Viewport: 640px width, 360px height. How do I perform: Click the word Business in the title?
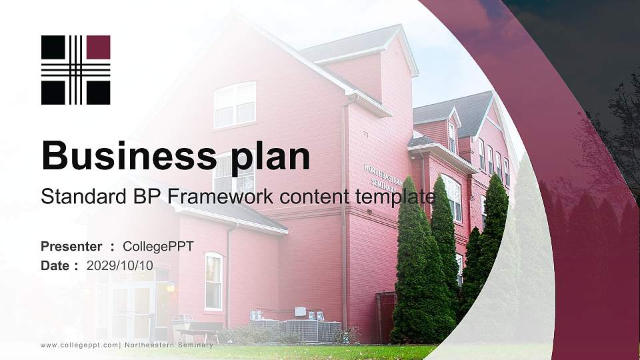[x=125, y=156]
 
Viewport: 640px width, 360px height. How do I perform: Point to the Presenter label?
[x=71, y=247]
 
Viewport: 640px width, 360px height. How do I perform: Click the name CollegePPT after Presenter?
[x=158, y=247]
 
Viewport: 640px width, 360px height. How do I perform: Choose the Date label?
[x=55, y=265]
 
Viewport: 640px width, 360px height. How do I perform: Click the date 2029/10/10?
[x=120, y=265]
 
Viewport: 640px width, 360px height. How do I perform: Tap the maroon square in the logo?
[x=98, y=47]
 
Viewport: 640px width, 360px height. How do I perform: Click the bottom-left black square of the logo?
[x=53, y=93]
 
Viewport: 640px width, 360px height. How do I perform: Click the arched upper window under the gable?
[x=235, y=104]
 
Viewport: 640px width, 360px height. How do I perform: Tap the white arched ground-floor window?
[x=213, y=281]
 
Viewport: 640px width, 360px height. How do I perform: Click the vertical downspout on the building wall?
[x=344, y=213]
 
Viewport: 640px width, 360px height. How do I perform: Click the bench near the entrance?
[x=199, y=331]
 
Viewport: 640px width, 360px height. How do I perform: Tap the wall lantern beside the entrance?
[x=170, y=287]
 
